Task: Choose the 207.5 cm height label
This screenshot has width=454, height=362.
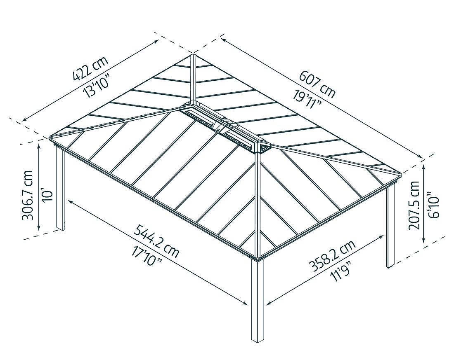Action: coord(414,204)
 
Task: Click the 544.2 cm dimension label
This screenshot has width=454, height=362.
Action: coord(156,241)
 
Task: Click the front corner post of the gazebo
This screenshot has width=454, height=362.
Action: coord(258,301)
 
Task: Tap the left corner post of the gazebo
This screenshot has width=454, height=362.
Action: coord(60,189)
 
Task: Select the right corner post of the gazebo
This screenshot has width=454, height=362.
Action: coord(390,227)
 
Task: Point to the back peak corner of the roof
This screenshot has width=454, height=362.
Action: coord(193,54)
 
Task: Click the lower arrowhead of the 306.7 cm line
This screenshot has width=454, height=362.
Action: coord(39,228)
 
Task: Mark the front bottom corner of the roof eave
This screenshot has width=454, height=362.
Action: coord(258,258)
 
